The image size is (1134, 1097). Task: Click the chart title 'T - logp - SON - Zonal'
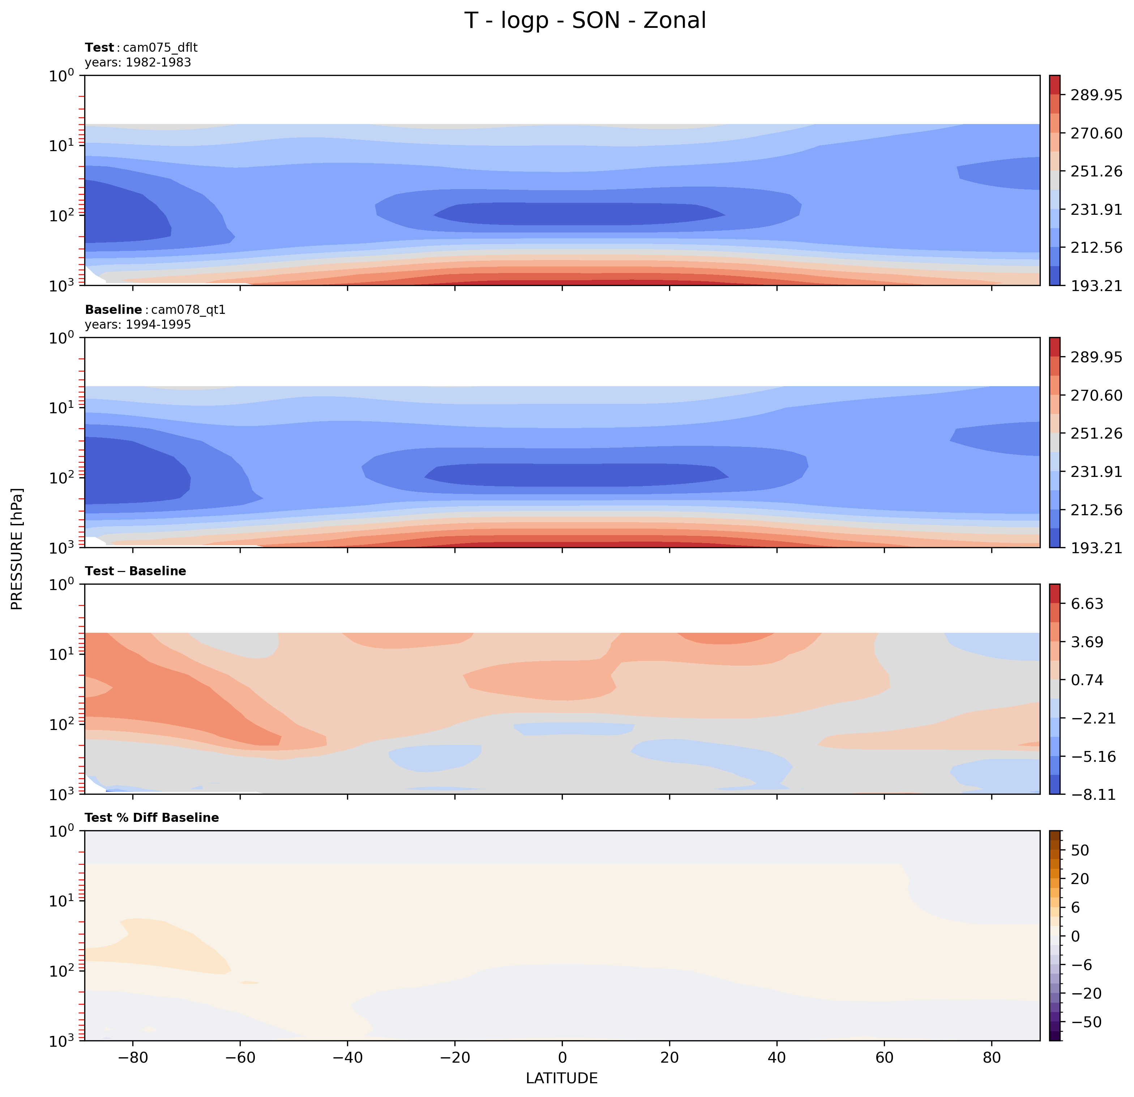585,21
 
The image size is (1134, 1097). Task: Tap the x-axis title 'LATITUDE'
561,1078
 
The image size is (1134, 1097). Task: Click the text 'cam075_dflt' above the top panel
160,47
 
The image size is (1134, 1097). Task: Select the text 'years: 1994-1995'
138,325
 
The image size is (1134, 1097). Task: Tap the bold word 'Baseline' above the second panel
113,310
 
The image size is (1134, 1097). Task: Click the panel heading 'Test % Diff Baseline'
151,818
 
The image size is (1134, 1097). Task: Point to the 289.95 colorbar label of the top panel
1096,95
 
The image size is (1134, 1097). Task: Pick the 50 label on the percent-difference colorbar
1080,850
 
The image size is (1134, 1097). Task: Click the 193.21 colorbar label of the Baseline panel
1096,547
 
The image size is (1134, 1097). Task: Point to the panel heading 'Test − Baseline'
136,571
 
